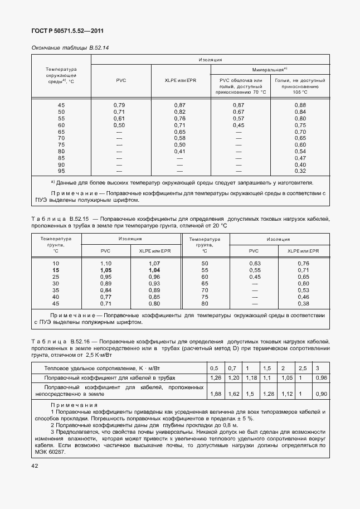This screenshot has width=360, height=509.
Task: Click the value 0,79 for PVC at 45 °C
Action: (x=119, y=105)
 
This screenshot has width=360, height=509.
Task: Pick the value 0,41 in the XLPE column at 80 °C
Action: (x=179, y=151)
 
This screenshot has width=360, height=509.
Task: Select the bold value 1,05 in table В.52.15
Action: (x=106, y=270)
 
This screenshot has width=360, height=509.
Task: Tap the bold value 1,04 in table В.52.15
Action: (x=155, y=270)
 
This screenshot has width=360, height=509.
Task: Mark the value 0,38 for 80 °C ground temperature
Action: (x=303, y=303)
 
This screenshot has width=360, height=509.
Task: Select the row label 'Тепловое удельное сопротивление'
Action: (x=91, y=368)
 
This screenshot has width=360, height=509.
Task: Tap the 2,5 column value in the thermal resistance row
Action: (x=303, y=368)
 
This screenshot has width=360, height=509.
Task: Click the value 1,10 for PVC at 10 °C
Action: (x=106, y=263)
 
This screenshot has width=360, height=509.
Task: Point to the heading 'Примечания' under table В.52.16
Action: (x=74, y=405)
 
